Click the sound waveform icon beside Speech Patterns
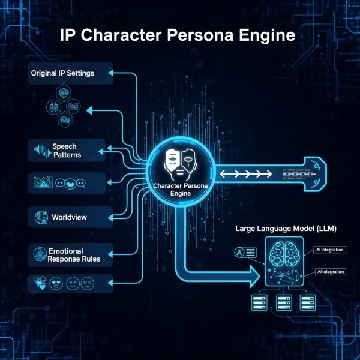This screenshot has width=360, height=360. (39, 151)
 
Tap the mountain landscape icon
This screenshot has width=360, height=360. (42, 182)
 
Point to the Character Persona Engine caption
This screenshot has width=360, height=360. (181, 191)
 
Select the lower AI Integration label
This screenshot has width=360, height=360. (331, 272)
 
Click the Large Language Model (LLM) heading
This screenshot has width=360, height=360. (285, 229)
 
